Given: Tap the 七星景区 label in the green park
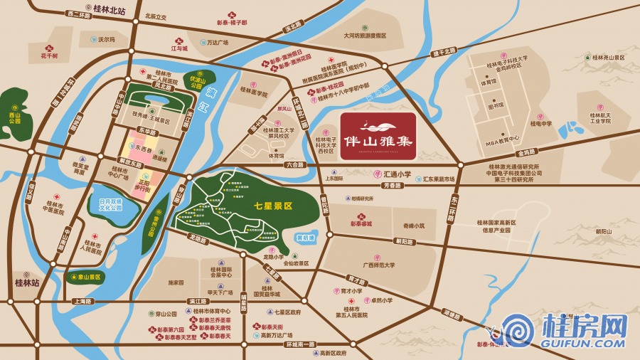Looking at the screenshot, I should click(x=273, y=204).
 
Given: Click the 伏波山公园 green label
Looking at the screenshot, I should click(x=196, y=83).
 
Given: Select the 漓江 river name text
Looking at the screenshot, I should click(x=210, y=100).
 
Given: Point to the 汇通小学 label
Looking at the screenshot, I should click(x=398, y=174).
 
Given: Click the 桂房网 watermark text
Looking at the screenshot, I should click(x=583, y=328).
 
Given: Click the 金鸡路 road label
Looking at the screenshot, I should click(x=526, y=152).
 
